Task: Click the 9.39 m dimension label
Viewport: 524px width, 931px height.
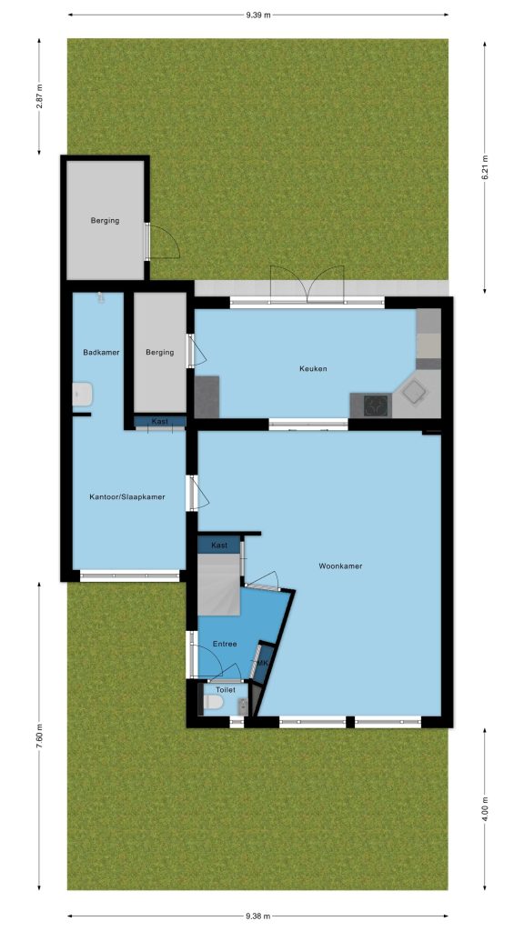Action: click(x=257, y=15)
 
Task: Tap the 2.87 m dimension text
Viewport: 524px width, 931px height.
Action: click(x=39, y=96)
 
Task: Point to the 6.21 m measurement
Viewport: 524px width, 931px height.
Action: click(x=485, y=167)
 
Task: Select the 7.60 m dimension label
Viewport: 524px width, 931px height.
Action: click(x=39, y=736)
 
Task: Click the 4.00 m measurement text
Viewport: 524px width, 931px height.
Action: click(x=485, y=809)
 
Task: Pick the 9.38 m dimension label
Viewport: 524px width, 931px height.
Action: click(x=257, y=916)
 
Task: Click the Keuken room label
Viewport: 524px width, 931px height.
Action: click(x=313, y=369)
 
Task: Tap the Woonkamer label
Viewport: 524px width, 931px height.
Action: click(x=340, y=566)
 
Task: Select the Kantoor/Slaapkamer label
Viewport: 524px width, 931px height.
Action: click(x=127, y=497)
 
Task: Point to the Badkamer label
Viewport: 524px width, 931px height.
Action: click(x=101, y=352)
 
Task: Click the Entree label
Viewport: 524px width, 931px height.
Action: click(x=226, y=645)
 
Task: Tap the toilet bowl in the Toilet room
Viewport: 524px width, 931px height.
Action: click(x=213, y=703)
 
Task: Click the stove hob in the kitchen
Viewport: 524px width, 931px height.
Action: click(x=376, y=405)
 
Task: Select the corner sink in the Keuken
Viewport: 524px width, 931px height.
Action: click(x=414, y=392)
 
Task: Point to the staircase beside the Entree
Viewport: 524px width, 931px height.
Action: click(x=219, y=585)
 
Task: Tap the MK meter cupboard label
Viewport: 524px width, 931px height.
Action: click(x=263, y=663)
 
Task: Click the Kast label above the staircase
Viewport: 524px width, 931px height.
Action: click(x=220, y=546)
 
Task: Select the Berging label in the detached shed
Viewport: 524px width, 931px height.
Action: click(x=106, y=220)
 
